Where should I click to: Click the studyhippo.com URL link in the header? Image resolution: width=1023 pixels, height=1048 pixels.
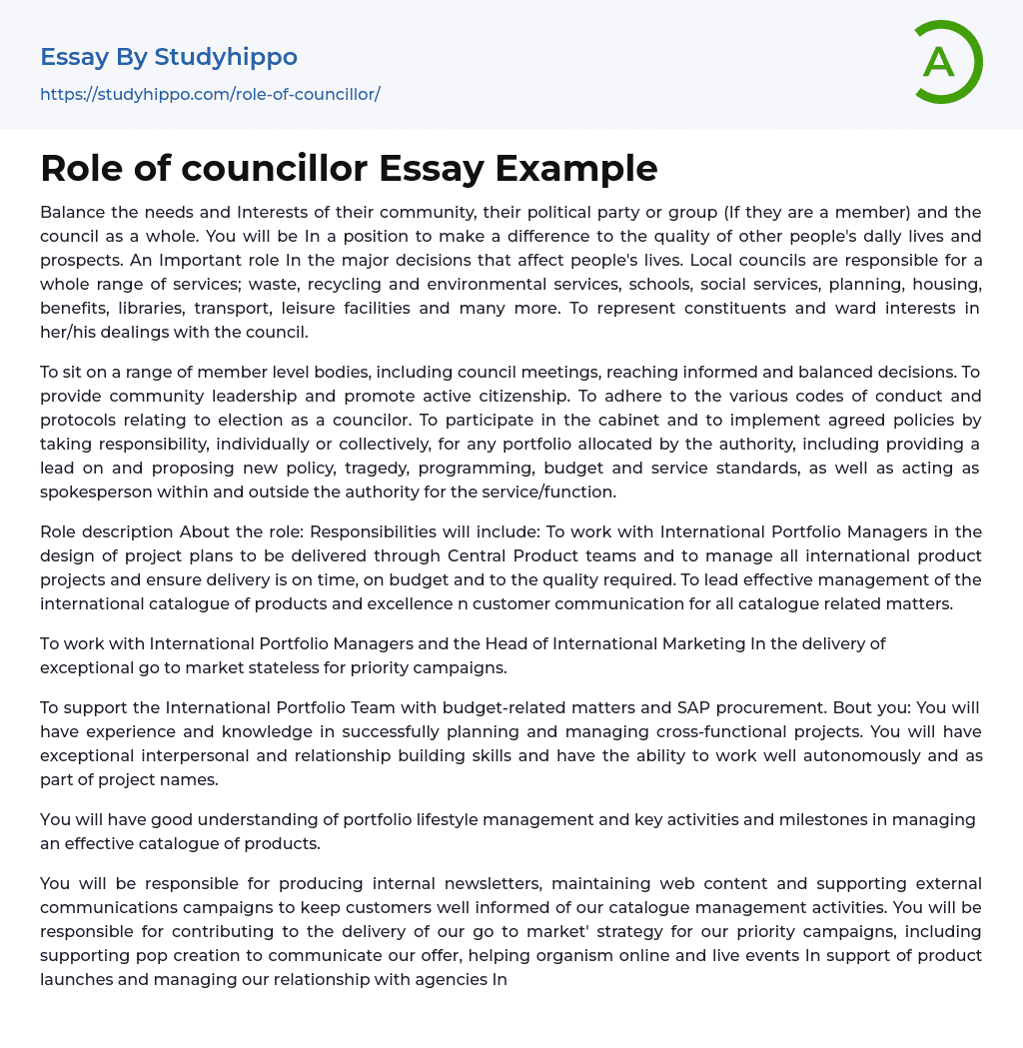pos(210,94)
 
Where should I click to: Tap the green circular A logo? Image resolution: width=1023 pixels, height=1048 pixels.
pos(941,62)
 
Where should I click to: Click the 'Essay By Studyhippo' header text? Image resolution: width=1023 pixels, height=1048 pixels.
pos(169,57)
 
